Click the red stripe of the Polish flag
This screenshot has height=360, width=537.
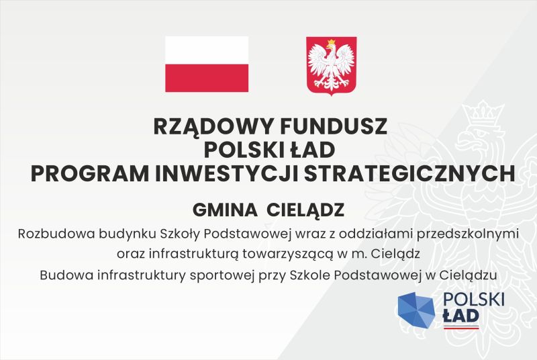[x=207, y=78]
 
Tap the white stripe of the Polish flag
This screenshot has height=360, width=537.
[x=207, y=50]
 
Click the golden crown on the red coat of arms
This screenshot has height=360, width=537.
[x=331, y=43]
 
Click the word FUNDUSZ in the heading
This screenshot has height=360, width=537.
[x=334, y=126]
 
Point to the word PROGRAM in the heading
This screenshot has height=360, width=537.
[x=90, y=174]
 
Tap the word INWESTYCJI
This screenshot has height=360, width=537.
[x=227, y=174]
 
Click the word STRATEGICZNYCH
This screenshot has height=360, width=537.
[x=410, y=174]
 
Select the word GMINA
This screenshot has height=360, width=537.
[x=225, y=210]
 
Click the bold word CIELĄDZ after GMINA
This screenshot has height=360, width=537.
[x=305, y=211]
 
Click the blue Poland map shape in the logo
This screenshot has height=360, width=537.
[x=416, y=310]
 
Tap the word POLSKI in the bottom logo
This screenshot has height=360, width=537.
[x=474, y=300]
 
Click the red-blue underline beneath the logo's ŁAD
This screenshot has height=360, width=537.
[x=461, y=328]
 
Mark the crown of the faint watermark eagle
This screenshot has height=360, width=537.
[x=483, y=113]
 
